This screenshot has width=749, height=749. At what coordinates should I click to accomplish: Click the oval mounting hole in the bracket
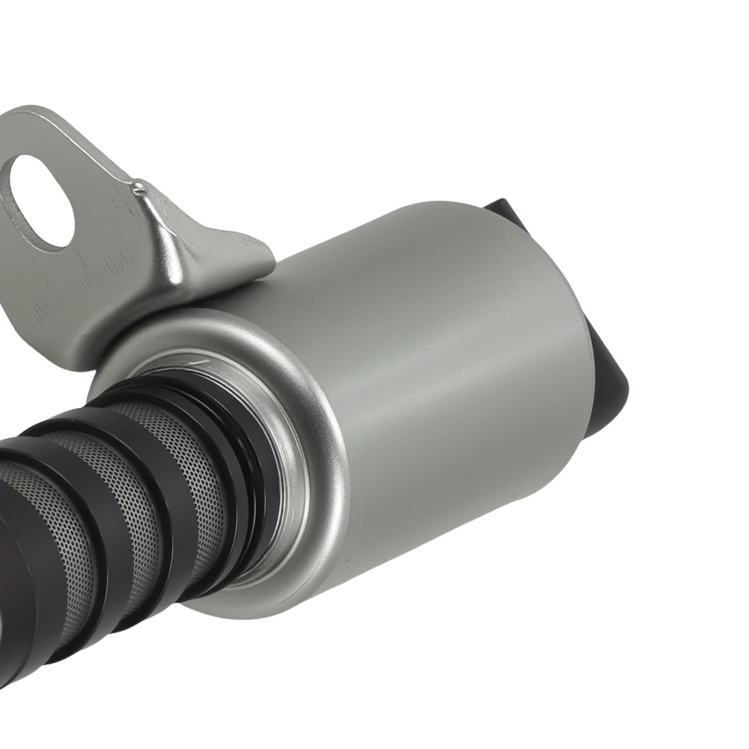(40, 201)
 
